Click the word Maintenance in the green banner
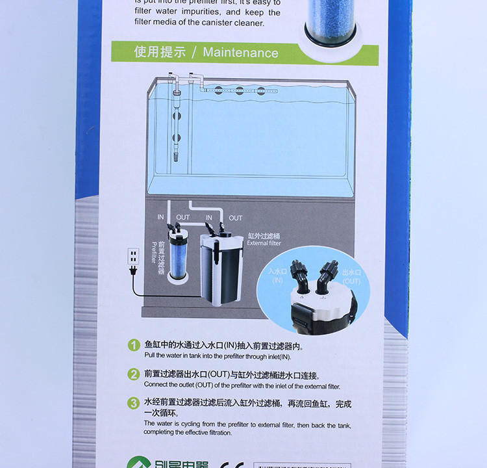tap(240, 53)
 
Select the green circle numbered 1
tap(133, 346)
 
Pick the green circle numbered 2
tap(133, 374)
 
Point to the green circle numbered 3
tap(133, 403)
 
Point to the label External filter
tap(264, 243)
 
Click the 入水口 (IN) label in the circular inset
tap(278, 275)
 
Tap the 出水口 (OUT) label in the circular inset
tap(352, 276)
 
